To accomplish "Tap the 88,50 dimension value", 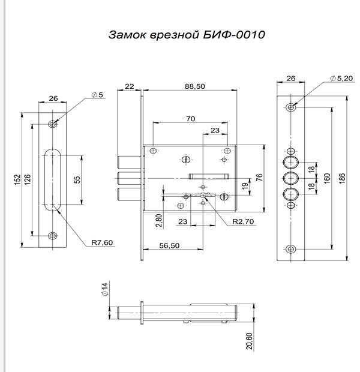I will click(x=195, y=86).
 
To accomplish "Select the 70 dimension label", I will click(x=190, y=119).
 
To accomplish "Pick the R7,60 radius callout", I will click(x=102, y=242).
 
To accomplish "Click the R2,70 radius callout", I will click(x=244, y=221).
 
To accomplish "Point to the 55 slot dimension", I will click(x=77, y=181).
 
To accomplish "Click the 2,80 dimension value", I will click(x=158, y=220).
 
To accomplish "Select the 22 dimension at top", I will click(x=130, y=86).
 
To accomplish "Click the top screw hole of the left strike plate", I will click(x=53, y=124).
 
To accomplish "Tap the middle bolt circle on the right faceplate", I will click(x=291, y=178).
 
